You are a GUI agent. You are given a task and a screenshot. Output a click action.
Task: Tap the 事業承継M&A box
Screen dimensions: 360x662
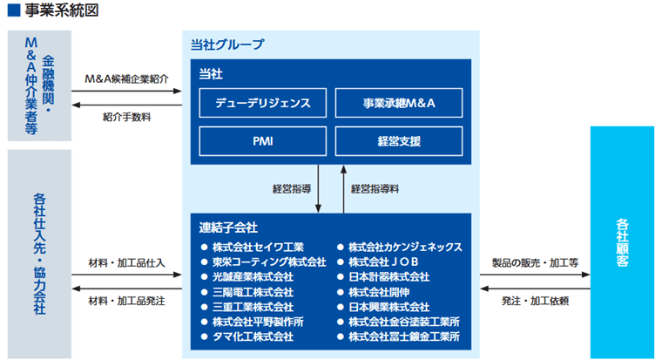pos(399,103)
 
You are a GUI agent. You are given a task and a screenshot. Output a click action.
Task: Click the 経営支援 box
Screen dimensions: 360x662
pos(399,139)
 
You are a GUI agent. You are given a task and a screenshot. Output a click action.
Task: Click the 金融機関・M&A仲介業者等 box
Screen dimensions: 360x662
pos(39,85)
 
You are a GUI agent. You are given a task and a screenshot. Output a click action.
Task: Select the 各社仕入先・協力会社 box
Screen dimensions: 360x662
pos(39,254)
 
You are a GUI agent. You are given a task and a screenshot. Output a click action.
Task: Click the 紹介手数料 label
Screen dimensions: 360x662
pos(126,115)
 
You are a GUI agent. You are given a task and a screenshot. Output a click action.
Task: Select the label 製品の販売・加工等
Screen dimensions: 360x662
pos(535,262)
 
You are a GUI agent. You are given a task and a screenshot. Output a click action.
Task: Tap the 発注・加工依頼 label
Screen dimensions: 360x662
pos(535,301)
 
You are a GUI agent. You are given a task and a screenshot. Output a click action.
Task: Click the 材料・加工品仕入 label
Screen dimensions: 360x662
pos(126,262)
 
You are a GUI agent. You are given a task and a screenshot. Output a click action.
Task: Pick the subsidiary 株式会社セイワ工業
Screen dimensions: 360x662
pos(253,248)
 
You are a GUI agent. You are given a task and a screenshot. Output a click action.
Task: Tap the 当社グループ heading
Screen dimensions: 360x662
pos(227,44)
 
